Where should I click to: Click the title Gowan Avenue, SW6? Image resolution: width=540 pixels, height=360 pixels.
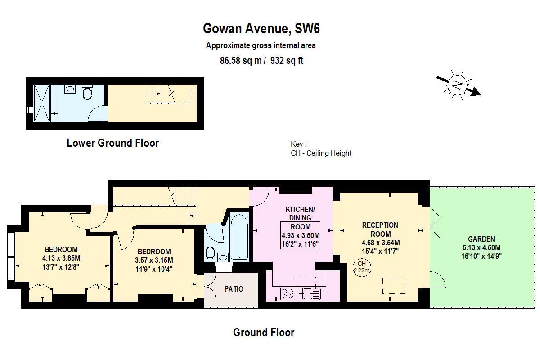tap(261, 29)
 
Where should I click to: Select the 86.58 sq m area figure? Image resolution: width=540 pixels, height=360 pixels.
tap(240, 61)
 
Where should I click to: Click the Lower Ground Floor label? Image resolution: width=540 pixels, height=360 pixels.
tap(112, 143)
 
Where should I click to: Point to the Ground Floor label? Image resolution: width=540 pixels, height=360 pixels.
tap(264, 333)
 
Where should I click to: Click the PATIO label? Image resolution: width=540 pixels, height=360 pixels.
tap(234, 289)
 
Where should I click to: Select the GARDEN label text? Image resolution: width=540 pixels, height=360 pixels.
tap(481, 239)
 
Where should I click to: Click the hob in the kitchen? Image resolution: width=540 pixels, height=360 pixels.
tap(288, 294)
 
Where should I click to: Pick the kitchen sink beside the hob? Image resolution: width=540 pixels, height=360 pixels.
tap(311, 294)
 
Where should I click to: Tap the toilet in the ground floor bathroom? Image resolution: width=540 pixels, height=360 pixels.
tap(210, 252)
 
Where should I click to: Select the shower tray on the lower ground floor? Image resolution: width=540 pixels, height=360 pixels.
tap(44, 103)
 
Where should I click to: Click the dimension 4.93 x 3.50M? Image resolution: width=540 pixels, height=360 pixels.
tap(301, 236)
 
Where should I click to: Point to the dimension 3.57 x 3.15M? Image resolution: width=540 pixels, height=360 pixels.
tap(154, 261)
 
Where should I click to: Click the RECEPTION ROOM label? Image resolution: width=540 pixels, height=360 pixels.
tap(380, 229)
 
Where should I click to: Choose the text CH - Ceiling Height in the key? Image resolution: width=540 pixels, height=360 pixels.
tap(321, 153)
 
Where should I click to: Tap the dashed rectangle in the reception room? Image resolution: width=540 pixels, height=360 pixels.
tap(394, 285)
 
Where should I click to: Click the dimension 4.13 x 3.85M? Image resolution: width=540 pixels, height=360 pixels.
tap(61, 258)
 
